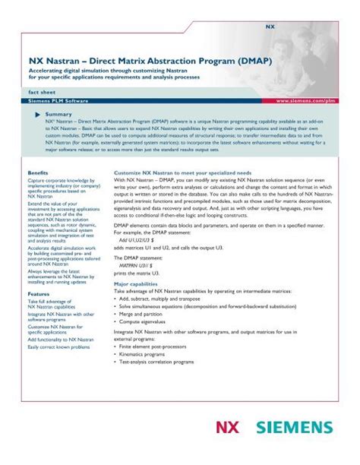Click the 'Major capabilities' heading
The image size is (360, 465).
141,283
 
